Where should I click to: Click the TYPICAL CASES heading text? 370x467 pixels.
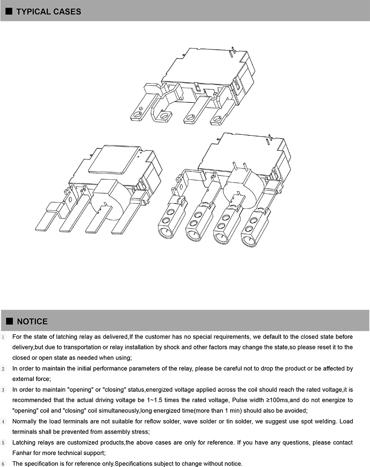(49, 12)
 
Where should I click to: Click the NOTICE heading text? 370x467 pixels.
(32, 321)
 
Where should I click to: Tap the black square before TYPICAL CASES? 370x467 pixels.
(9, 12)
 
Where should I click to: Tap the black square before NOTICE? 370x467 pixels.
(9, 321)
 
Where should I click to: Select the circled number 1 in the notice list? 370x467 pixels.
(3, 337)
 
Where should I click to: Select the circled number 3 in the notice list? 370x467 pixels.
(3, 390)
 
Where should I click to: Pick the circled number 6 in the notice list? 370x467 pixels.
(3, 464)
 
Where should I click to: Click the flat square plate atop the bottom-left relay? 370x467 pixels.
(114, 159)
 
